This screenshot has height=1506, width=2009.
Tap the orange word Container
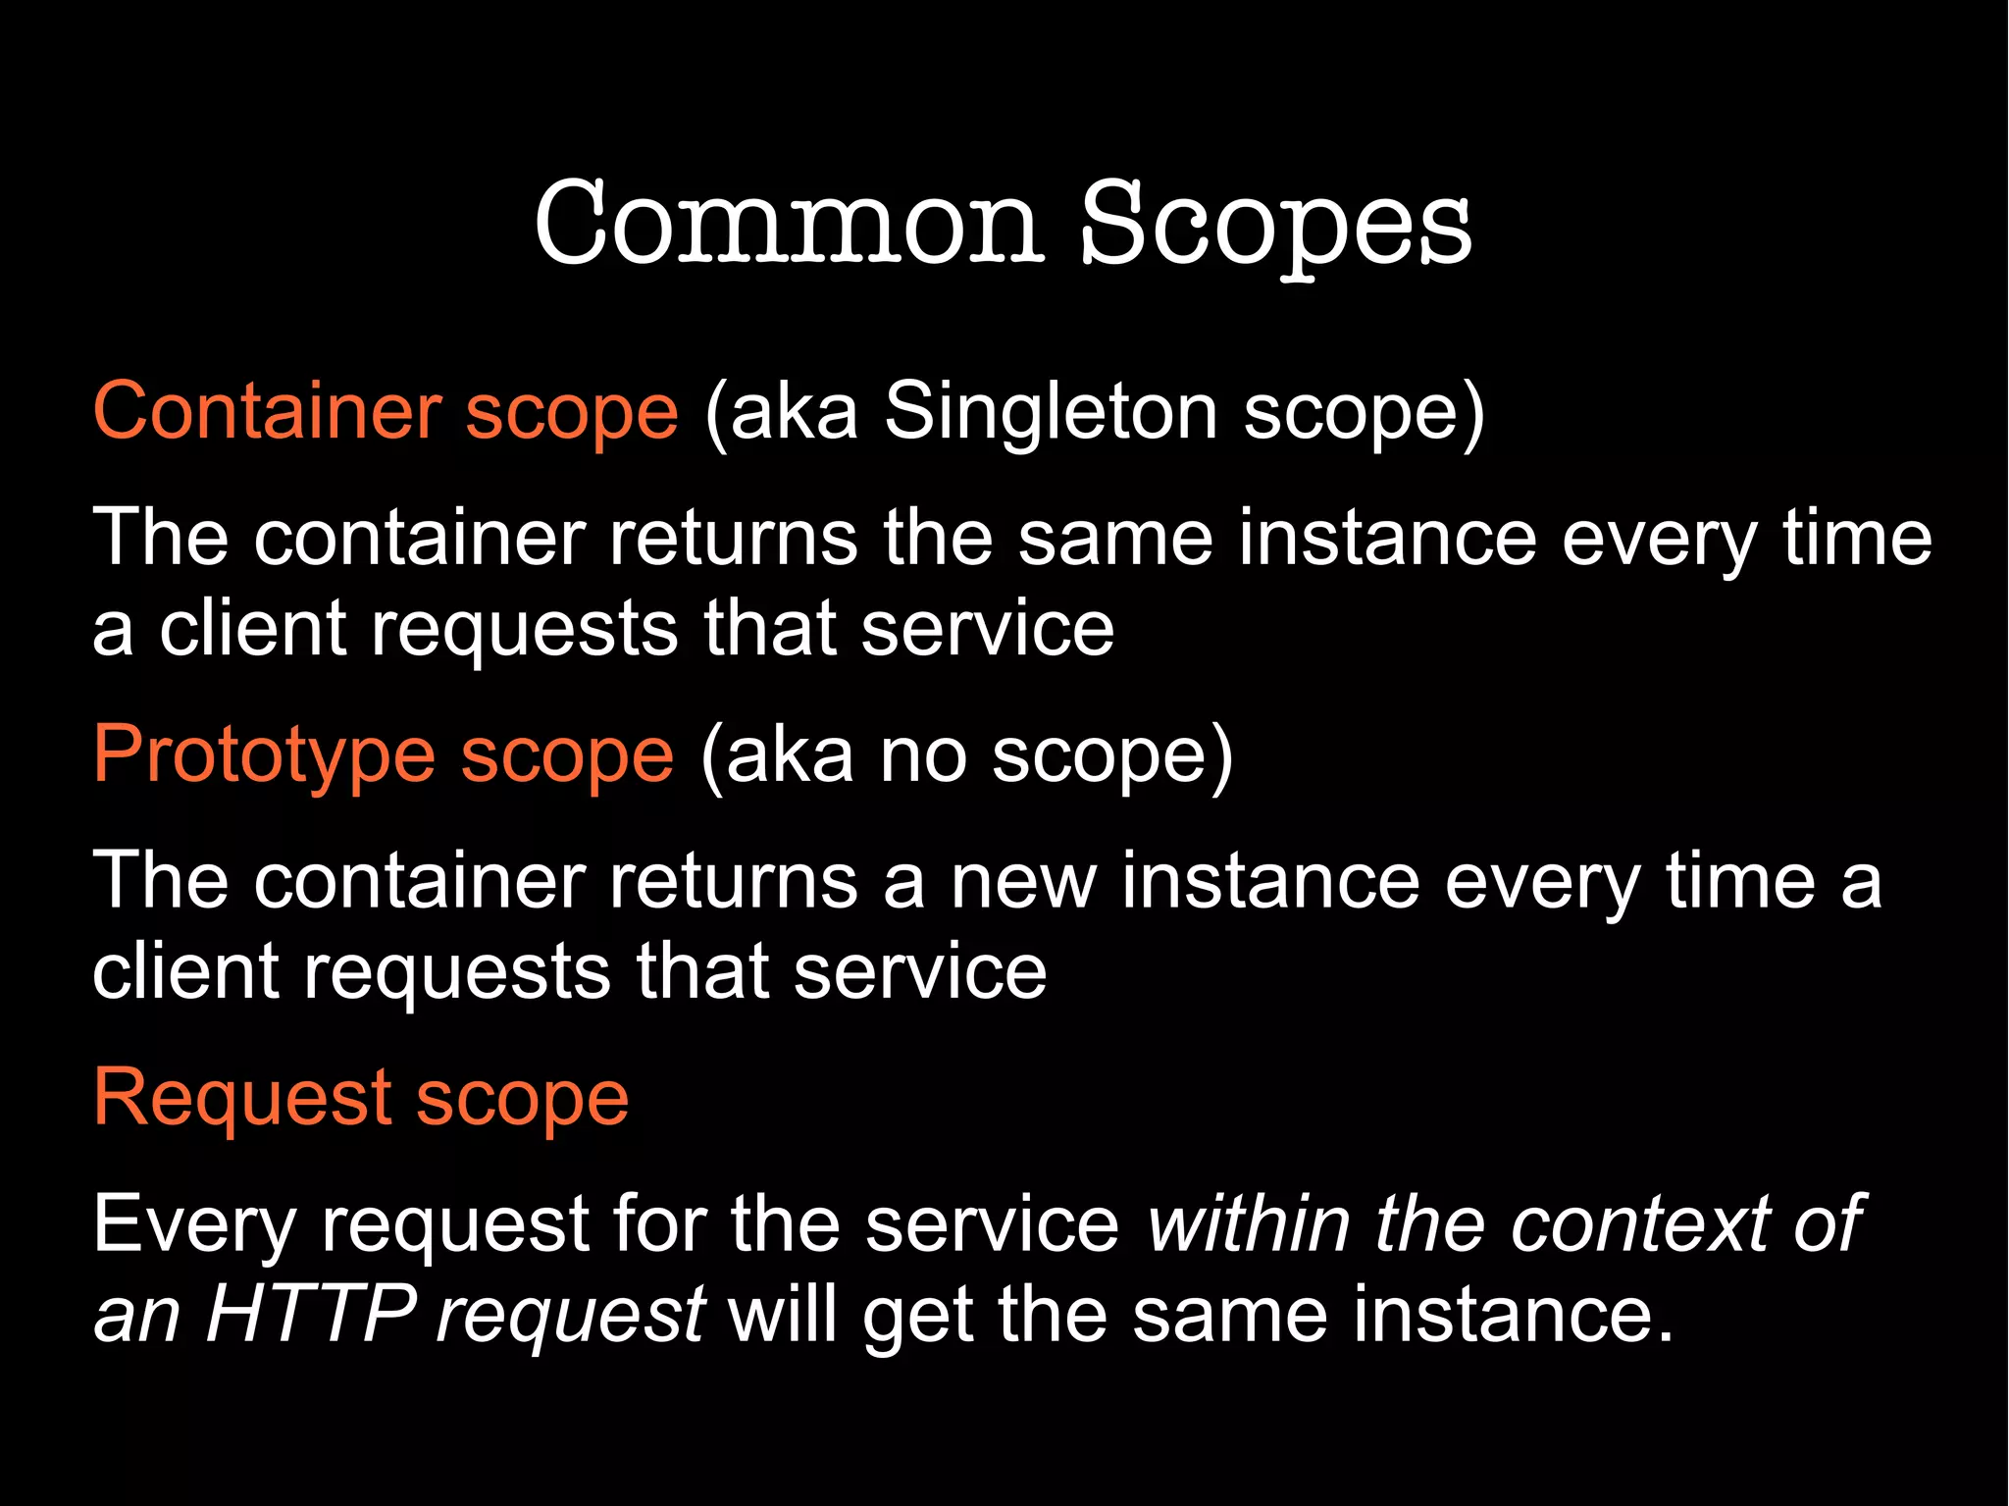pyautogui.click(x=267, y=411)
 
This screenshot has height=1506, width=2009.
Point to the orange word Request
pyautogui.click(x=241, y=1098)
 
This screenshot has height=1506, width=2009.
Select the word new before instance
pyautogui.click(x=1023, y=882)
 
